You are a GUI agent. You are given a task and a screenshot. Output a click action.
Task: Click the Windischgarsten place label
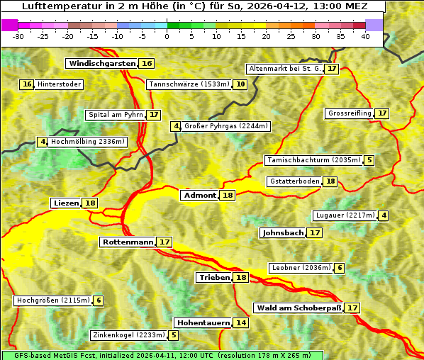click(101, 64)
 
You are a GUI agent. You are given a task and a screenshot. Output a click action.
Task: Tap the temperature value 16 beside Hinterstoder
click(27, 84)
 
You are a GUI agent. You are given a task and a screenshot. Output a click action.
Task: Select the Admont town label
click(199, 196)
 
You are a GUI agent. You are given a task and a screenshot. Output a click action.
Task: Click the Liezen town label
click(66, 203)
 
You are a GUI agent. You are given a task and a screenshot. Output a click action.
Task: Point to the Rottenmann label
click(128, 242)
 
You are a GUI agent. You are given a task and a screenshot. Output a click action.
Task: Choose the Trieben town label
click(214, 278)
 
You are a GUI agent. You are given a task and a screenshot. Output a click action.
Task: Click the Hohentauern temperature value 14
click(241, 323)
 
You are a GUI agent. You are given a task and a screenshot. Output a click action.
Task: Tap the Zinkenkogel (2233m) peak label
click(128, 335)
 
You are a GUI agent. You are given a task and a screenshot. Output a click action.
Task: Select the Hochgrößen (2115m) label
click(53, 300)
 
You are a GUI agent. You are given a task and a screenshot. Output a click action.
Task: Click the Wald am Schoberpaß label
click(299, 308)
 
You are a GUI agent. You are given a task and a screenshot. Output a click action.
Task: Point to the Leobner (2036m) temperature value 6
click(340, 268)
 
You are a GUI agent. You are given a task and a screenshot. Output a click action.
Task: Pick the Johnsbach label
click(283, 232)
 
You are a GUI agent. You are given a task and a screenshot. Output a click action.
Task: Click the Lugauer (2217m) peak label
click(345, 215)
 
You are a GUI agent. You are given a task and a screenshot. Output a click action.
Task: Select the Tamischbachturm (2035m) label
click(313, 160)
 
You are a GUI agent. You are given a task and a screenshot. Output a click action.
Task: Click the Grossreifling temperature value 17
click(382, 113)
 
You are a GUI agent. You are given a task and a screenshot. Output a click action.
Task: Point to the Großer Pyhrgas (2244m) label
click(225, 126)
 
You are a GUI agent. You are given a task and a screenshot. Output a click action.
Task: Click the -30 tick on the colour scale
click(18, 36)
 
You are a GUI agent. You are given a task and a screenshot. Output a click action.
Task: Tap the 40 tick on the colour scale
click(365, 36)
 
